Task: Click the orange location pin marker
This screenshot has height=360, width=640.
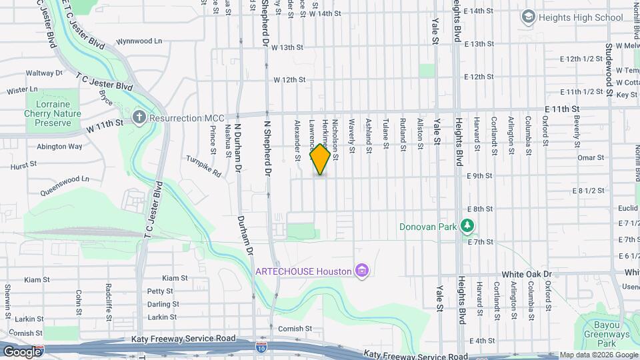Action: [x=320, y=159]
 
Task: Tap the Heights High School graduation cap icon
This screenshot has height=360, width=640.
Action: [x=529, y=17]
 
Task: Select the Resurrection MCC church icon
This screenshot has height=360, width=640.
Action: [x=139, y=118]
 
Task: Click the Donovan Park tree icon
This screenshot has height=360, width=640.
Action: [x=468, y=227]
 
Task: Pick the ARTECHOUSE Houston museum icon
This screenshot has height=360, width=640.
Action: [x=362, y=271]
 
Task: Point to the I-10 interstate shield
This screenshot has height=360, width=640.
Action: [x=262, y=346]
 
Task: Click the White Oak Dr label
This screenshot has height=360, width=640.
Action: [x=527, y=274]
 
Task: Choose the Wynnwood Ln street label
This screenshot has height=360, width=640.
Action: [x=139, y=41]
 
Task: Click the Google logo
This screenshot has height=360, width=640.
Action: [x=22, y=351]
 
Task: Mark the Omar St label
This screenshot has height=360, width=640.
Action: [x=590, y=157]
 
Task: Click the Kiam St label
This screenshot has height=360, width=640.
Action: [x=175, y=278]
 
